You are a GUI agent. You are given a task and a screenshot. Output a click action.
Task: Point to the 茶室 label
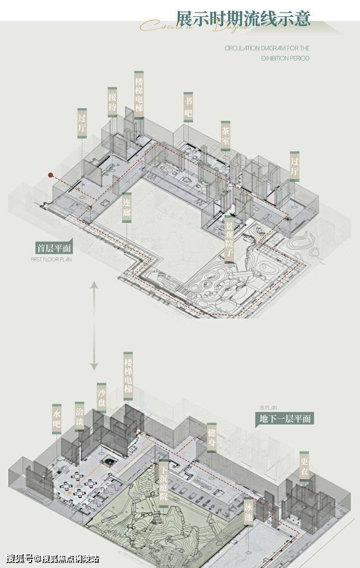[x=225, y=135]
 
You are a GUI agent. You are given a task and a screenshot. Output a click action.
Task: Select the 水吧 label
[x=57, y=419]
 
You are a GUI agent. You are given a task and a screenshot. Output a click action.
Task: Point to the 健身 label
[x=212, y=437]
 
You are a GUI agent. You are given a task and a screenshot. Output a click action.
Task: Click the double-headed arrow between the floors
[x=94, y=326]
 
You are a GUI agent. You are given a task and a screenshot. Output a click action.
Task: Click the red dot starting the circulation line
[x=50, y=176]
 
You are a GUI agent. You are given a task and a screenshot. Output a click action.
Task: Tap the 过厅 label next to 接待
[x=82, y=123]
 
